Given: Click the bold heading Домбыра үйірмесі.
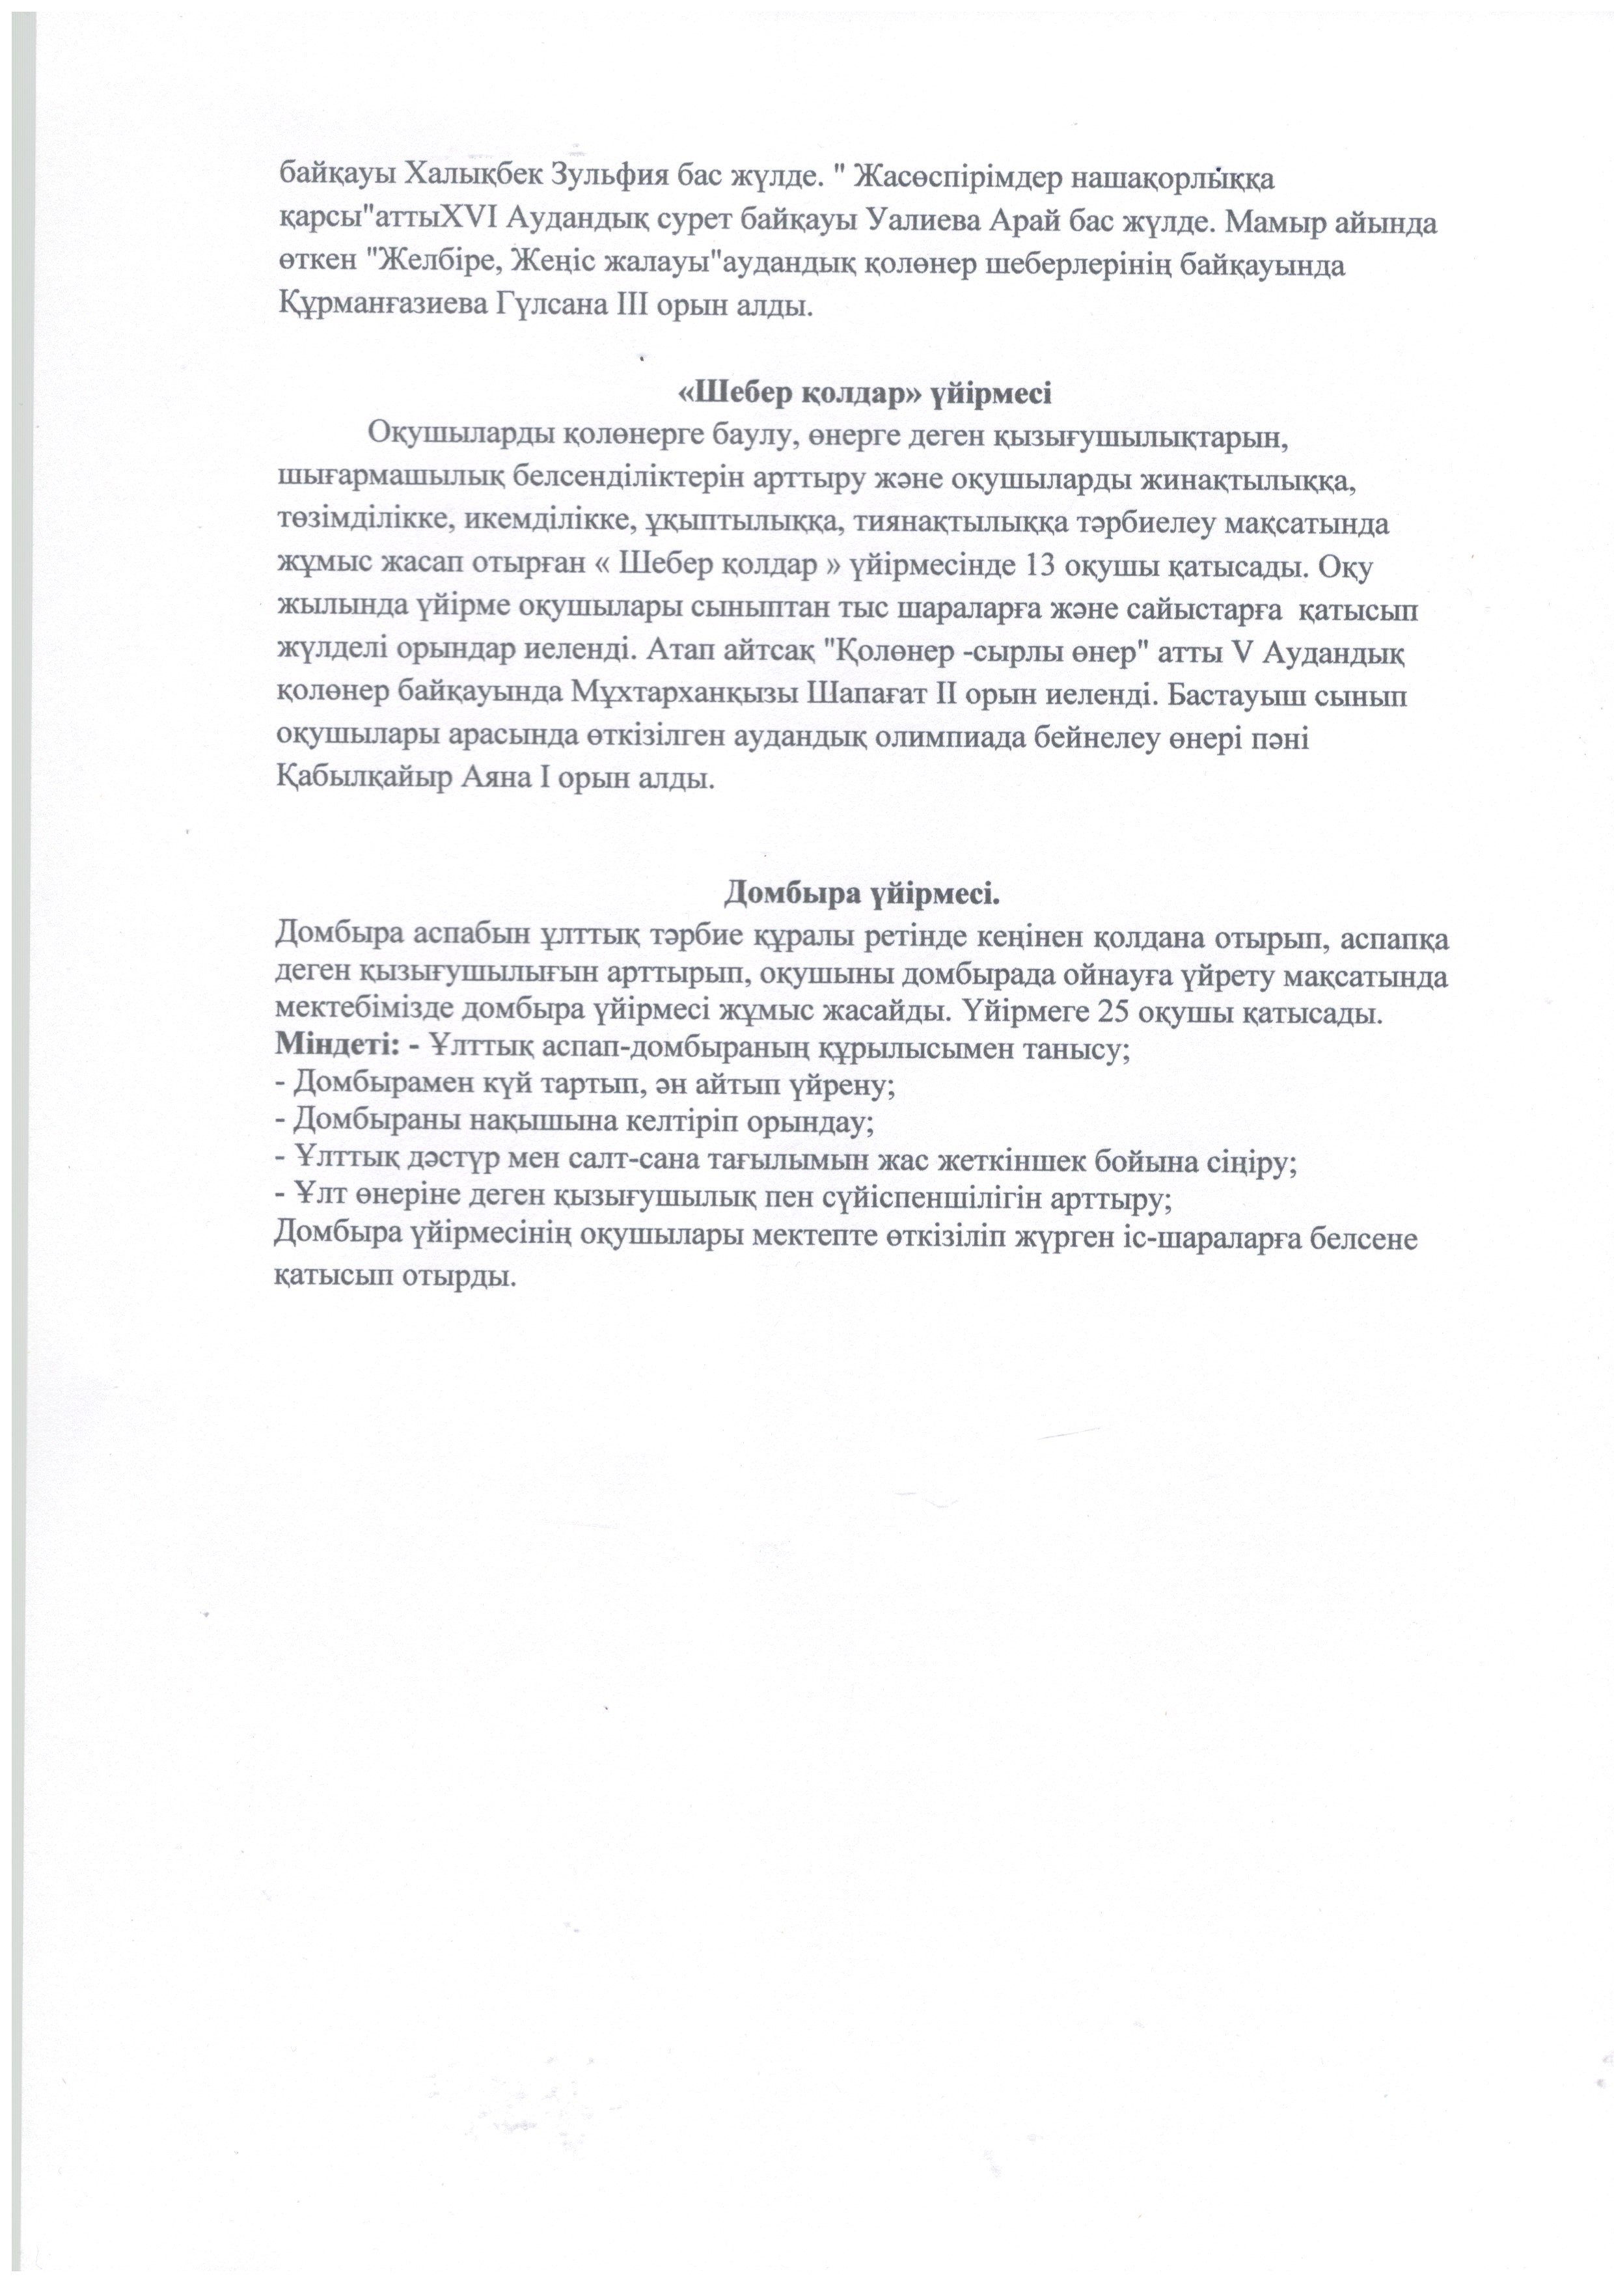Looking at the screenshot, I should point(861,893).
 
